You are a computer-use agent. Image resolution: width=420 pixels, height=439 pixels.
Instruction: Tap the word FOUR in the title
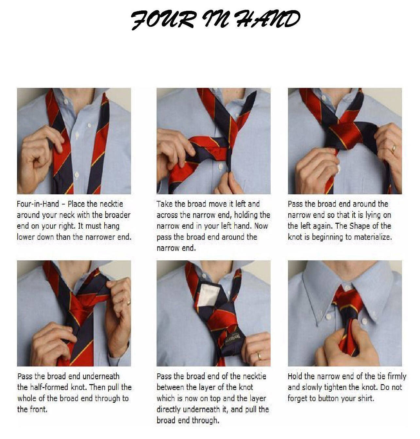[162, 20]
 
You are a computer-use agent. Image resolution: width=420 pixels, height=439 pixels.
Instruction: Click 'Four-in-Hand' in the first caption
[38, 204]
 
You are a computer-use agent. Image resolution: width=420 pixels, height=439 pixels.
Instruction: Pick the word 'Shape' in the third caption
[359, 226]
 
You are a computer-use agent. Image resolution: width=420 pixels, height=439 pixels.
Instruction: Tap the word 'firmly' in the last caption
[397, 376]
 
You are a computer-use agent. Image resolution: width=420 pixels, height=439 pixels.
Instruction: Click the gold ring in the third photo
[394, 148]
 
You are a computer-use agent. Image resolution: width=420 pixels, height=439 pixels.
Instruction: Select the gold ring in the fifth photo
[260, 356]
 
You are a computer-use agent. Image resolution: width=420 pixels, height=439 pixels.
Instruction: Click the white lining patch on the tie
[209, 295]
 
